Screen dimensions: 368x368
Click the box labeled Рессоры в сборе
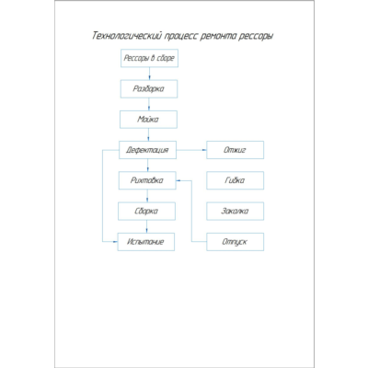point(149,58)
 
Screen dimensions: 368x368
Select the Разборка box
point(149,89)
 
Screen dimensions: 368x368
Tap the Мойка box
point(148,120)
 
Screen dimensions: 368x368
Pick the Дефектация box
point(147,150)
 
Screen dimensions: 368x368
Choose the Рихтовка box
point(147,180)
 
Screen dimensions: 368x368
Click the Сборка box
point(146,211)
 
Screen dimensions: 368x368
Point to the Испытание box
point(146,242)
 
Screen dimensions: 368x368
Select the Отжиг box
point(235,150)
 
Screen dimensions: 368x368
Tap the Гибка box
point(235,180)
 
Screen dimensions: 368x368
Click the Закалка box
point(235,211)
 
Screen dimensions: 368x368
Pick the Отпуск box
point(235,242)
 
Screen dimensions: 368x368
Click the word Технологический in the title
point(127,36)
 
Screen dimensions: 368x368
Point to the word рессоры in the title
point(256,37)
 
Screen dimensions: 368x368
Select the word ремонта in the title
point(218,37)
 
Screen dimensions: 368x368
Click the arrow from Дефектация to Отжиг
point(191,150)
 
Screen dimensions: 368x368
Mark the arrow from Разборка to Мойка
point(149,104)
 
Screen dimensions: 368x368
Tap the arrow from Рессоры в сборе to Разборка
point(149,74)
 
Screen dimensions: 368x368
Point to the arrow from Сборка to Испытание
point(146,226)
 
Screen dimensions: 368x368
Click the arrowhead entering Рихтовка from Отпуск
point(178,180)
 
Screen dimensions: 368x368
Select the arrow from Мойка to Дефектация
point(148,134)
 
